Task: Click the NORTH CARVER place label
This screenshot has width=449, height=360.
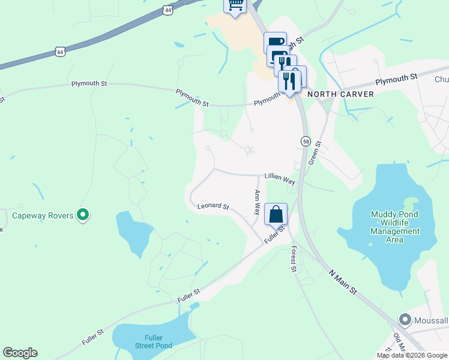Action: point(340,94)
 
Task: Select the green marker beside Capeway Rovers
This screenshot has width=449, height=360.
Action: point(83,214)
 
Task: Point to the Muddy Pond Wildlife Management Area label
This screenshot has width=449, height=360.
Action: point(394,227)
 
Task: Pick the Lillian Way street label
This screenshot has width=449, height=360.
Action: point(280,179)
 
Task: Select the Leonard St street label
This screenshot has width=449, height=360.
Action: point(214,206)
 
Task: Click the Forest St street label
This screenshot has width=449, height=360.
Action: point(294,259)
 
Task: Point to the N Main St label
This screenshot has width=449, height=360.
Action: point(343,281)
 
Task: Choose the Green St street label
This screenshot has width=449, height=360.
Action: point(315,152)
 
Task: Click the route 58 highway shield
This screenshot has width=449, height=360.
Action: point(306,140)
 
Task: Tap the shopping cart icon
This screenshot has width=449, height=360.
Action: point(235,5)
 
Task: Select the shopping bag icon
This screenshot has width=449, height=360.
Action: point(276,214)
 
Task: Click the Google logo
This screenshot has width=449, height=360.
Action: point(20,353)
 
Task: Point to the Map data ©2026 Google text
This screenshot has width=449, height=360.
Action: point(412,355)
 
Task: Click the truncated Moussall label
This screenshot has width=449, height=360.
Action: point(431,320)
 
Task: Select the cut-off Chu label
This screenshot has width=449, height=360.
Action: point(441,79)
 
